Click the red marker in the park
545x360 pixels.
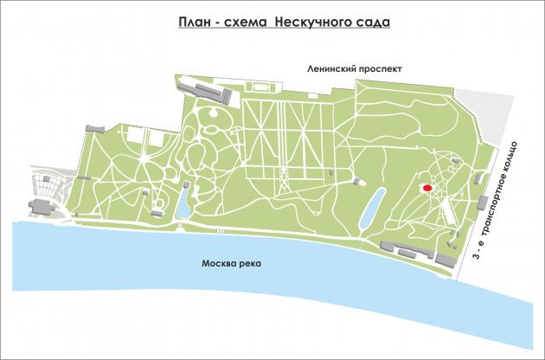tap(426, 188)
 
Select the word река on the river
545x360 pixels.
tap(251, 264)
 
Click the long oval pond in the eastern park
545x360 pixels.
tap(369, 209)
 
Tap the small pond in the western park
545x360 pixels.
tap(184, 204)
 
